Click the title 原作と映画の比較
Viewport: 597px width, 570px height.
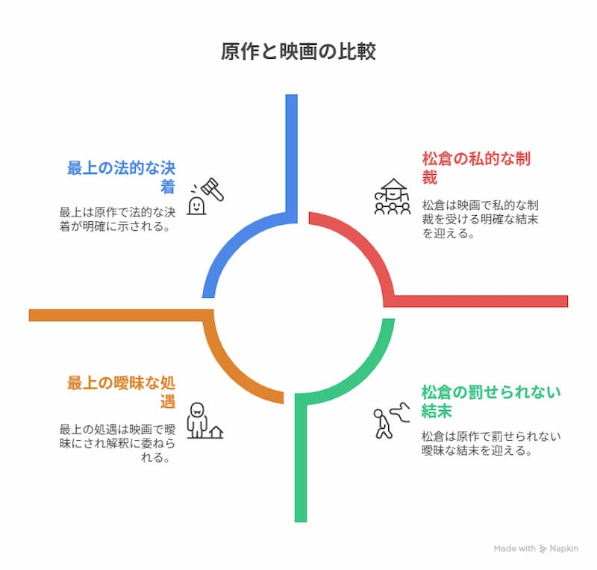point(298,52)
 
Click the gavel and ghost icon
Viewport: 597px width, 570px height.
point(206,196)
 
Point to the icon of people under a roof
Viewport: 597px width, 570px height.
point(393,197)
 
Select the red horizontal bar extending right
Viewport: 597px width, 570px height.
point(485,300)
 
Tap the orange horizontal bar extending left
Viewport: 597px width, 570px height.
point(112,315)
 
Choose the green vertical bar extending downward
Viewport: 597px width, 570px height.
point(301,463)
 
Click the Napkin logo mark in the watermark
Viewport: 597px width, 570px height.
point(543,548)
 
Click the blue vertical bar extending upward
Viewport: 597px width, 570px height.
point(291,149)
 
